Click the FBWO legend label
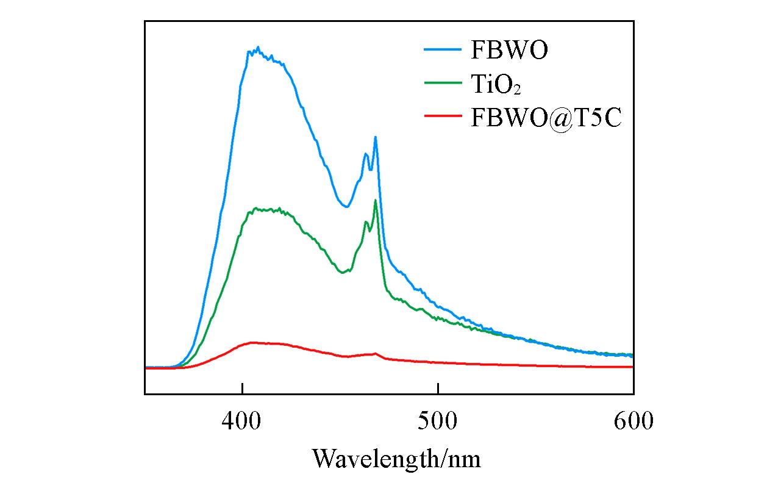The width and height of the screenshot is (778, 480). [x=509, y=51]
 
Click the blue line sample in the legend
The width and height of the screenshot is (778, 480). [x=443, y=51]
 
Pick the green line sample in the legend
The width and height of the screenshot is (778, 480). [x=443, y=84]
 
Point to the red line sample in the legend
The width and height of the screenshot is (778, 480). [x=443, y=116]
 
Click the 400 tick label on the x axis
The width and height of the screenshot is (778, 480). [x=243, y=421]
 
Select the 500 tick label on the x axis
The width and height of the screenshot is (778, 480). [x=438, y=421]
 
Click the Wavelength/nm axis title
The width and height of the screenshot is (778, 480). [x=397, y=458]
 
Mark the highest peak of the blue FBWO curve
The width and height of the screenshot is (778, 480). [x=258, y=47]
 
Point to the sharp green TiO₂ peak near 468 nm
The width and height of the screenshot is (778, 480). [x=376, y=200]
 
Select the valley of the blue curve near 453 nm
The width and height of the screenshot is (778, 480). [x=346, y=207]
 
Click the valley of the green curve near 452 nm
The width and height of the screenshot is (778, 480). [x=343, y=273]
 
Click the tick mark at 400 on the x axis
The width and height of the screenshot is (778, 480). [x=243, y=390]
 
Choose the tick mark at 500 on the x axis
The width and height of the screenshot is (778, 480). [x=438, y=390]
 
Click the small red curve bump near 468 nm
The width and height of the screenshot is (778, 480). [x=375, y=353]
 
